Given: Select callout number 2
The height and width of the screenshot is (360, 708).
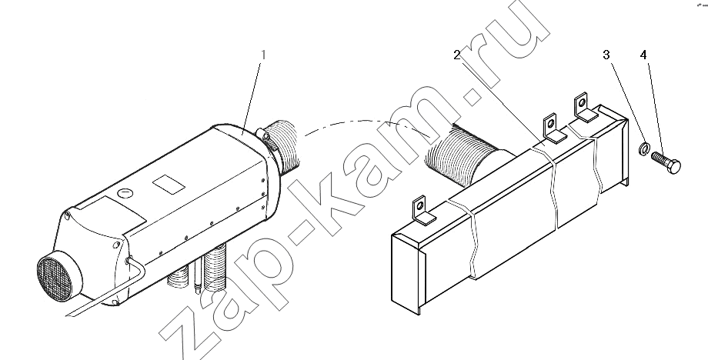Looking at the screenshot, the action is [x=457, y=55].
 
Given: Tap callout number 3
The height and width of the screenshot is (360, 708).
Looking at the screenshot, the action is [x=606, y=55].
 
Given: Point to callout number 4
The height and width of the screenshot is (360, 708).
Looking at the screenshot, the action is [x=643, y=55].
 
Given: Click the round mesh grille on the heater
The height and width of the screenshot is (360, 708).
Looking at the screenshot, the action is [x=55, y=278].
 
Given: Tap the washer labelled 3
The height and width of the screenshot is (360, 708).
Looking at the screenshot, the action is [x=645, y=148].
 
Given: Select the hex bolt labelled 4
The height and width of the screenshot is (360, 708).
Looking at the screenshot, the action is [x=666, y=162].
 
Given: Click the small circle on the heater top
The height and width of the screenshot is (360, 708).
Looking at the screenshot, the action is [x=125, y=194].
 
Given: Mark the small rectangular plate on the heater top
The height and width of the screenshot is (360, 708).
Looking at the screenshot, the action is [x=169, y=184].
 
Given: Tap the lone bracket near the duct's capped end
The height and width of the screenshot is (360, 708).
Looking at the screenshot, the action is [x=422, y=211].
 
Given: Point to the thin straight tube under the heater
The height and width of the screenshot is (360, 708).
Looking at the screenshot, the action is [x=197, y=278].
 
